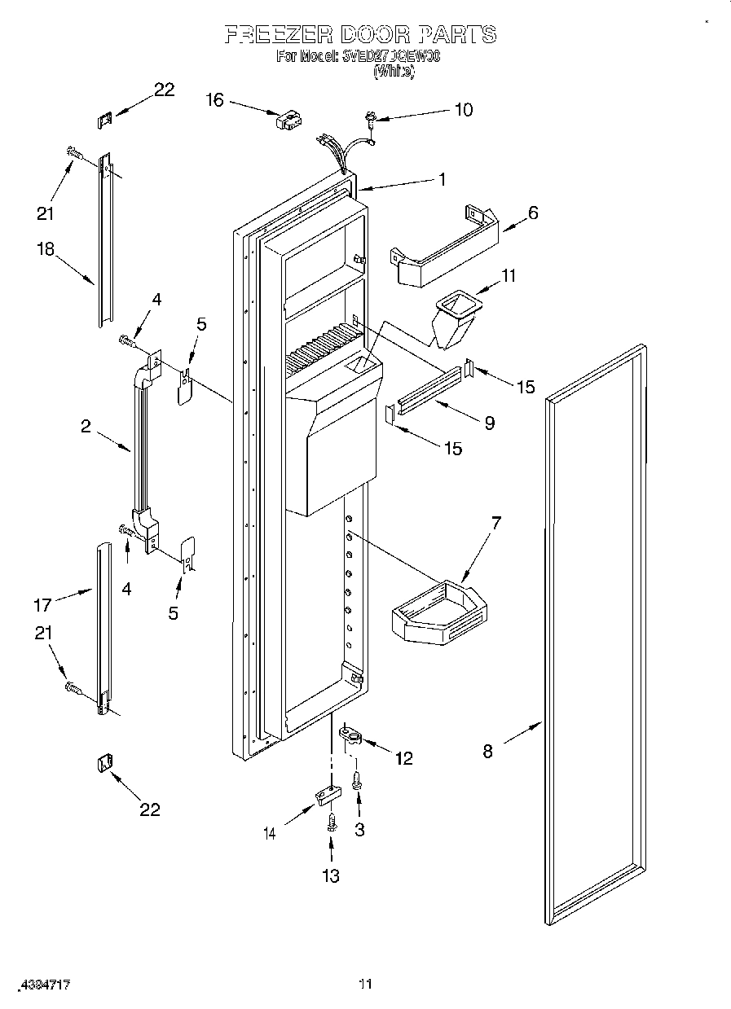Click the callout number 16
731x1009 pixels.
coord(214,99)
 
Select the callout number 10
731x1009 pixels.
coord(463,109)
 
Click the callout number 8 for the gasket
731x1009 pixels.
coord(487,751)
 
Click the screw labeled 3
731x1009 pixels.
coord(357,781)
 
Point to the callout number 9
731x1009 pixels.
coord(489,422)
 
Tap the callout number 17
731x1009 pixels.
coord(42,604)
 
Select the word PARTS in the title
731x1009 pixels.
coord(456,34)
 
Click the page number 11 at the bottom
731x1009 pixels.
coord(365,985)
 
